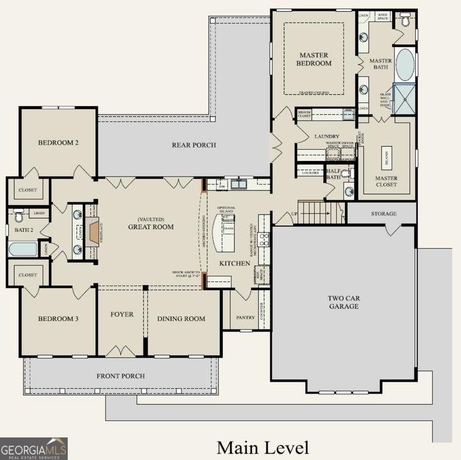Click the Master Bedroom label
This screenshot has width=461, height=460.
coord(314,59)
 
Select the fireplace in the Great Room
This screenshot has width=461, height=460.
coord(93,231)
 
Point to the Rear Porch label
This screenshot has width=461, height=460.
coord(194,145)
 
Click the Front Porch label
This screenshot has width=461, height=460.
coord(120,376)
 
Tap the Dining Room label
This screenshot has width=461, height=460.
coord(181,318)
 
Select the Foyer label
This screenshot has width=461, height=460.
coord(122,314)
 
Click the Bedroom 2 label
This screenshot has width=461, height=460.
coord(58,142)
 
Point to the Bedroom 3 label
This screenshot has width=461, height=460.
coord(58,318)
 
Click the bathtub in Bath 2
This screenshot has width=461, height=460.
coord(23,249)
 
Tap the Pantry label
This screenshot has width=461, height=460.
coord(245,317)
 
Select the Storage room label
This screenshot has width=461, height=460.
coord(383,214)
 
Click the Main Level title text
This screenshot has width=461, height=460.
coord(263,447)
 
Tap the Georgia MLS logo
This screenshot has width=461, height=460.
coord(34,448)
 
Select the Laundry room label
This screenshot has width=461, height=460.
coord(327,136)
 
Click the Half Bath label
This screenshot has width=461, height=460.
coord(333,174)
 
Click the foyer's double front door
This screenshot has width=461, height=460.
coord(121,351)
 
